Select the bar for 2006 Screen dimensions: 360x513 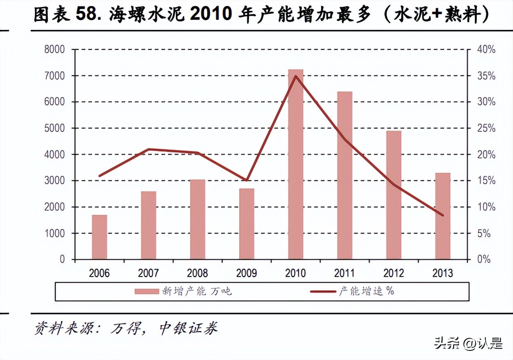(x=100, y=237)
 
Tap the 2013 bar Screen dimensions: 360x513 (x=442, y=216)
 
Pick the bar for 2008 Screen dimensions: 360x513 (x=198, y=219)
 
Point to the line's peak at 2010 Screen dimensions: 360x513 (x=296, y=76)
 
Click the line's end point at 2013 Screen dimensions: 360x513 (x=442, y=215)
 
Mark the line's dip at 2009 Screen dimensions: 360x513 (x=247, y=180)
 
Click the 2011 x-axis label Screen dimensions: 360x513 (x=344, y=273)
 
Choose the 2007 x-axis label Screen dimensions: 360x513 (x=148, y=273)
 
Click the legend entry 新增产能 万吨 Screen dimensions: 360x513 (x=183, y=291)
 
